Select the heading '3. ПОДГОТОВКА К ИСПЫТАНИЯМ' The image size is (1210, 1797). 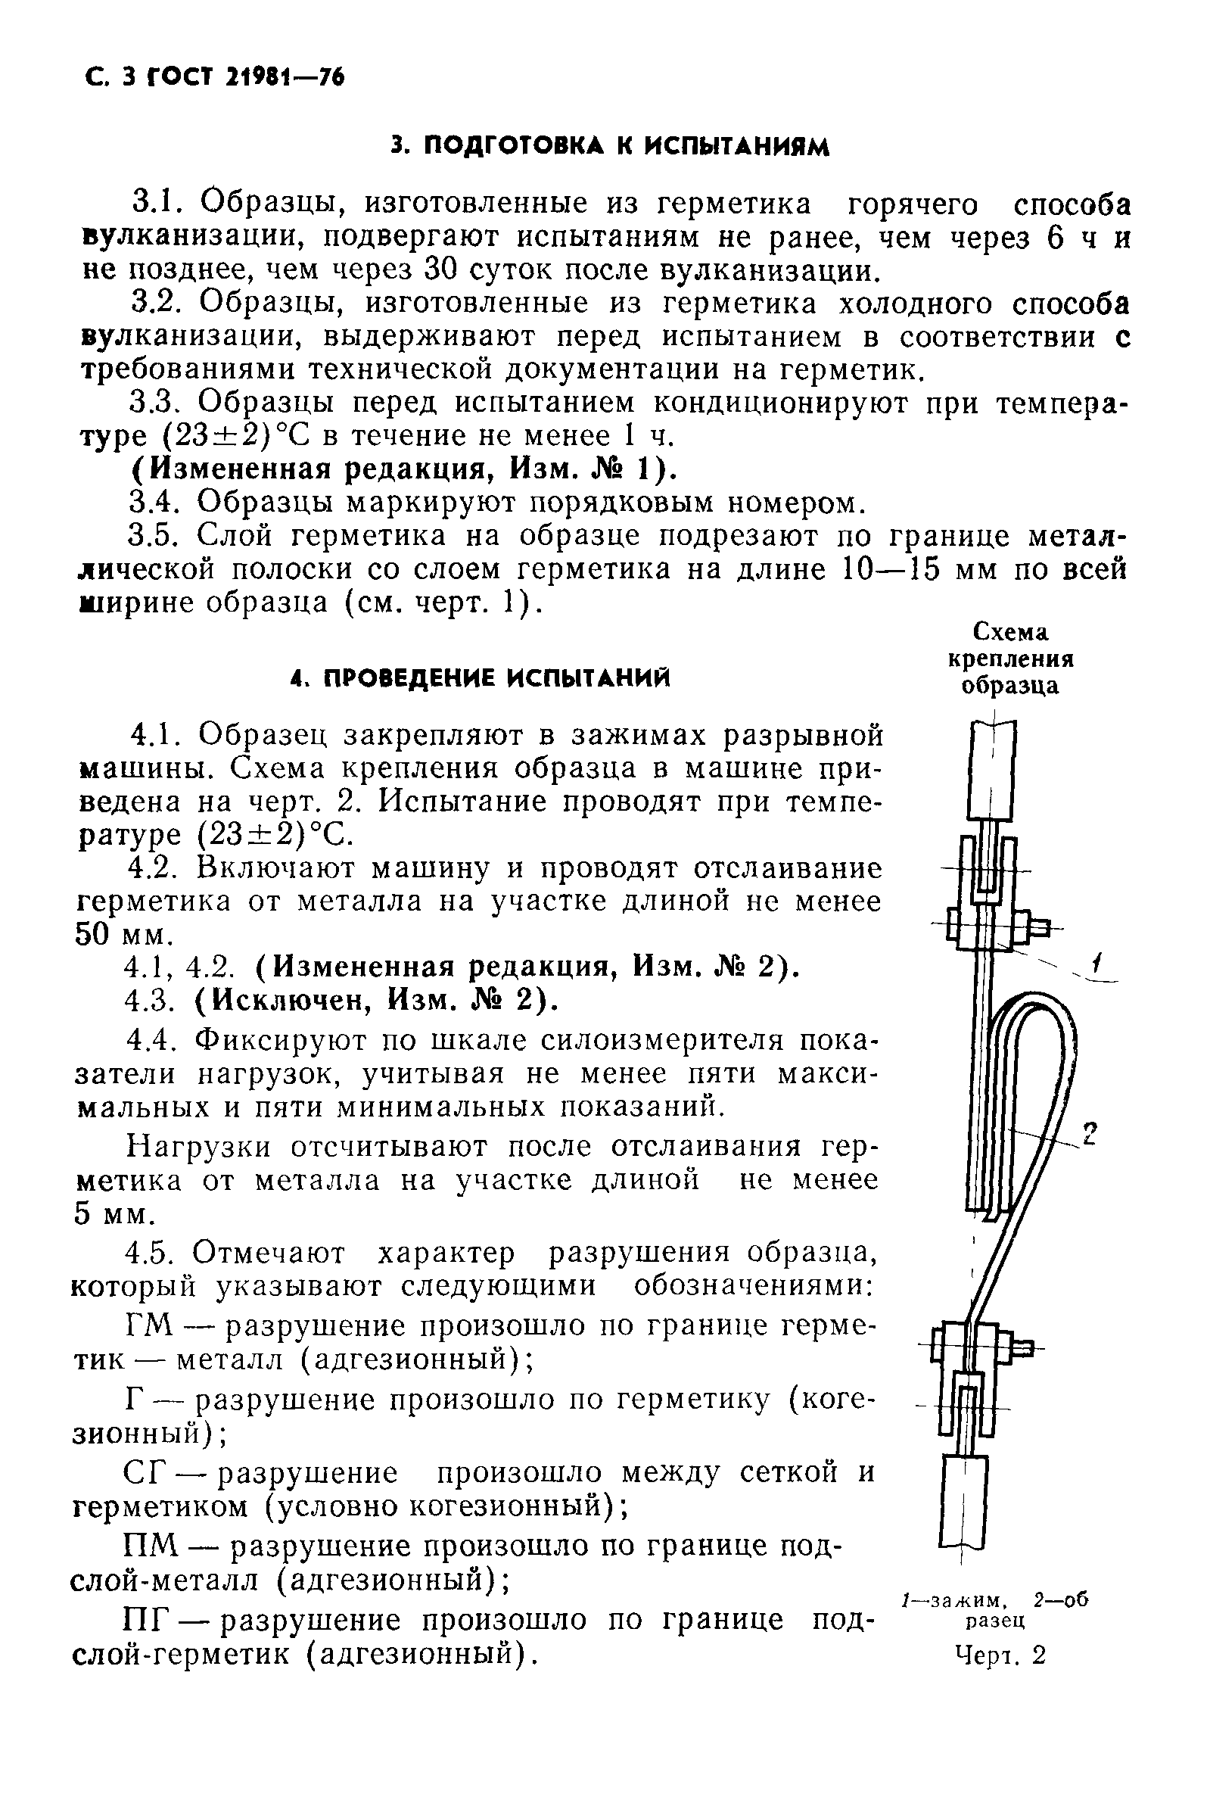(x=609, y=146)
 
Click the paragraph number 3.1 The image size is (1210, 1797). (x=156, y=204)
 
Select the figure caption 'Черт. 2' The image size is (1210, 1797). (x=1000, y=1655)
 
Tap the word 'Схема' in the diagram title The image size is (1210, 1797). (x=1010, y=633)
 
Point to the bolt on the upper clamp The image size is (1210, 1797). (x=1039, y=928)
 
